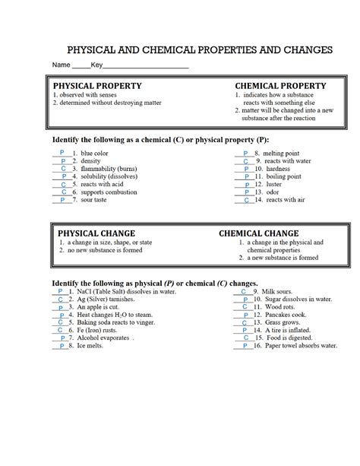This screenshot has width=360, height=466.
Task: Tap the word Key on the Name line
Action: tap(97, 66)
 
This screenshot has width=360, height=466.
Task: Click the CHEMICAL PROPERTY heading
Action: tap(281, 86)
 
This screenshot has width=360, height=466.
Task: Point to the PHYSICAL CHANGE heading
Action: tap(96, 233)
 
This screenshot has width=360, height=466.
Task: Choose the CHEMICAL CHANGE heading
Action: tap(258, 233)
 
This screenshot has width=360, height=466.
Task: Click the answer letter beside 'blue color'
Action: tap(61, 153)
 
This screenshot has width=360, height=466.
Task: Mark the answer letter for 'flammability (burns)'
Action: tap(63, 169)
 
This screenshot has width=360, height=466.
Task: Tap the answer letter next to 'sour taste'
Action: tap(63, 199)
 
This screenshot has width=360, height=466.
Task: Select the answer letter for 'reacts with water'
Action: tap(245, 161)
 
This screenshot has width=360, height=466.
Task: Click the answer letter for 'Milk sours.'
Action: tap(243, 292)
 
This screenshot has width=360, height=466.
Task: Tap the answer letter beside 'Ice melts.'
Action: tap(59, 347)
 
